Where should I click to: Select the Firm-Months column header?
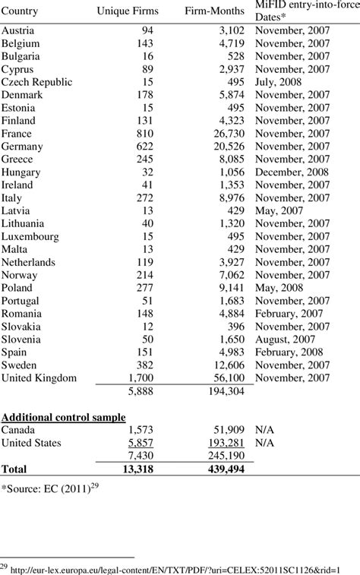click(214, 11)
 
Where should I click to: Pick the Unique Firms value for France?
click(153, 133)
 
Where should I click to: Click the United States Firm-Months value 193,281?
click(223, 443)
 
